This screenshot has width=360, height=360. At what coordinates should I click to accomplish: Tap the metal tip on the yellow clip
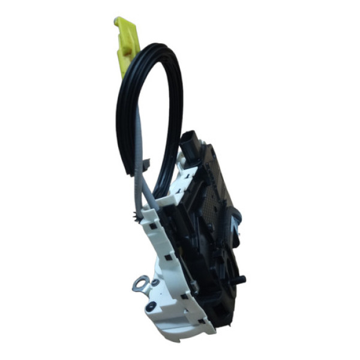(116, 22)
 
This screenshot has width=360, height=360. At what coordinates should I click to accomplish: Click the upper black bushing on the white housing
(155, 282)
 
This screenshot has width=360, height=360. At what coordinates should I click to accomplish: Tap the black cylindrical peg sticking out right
(241, 278)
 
